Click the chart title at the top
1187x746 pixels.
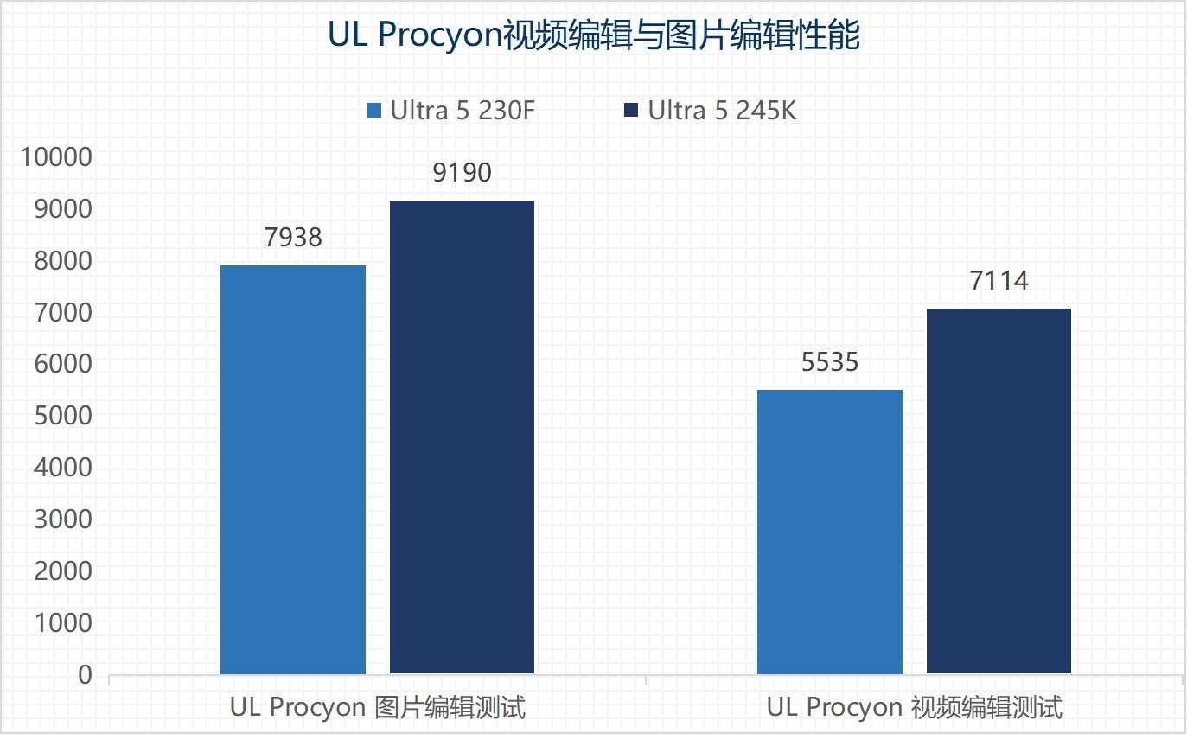593,36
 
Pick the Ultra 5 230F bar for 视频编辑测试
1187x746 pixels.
829,532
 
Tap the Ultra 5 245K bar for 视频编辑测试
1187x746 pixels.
999,491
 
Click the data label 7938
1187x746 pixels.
293,237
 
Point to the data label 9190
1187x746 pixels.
462,173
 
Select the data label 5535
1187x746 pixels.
829,361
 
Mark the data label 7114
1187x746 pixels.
999,281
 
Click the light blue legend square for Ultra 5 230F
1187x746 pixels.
374,111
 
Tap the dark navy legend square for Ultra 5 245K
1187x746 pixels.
631,111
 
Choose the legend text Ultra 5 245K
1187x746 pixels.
722,111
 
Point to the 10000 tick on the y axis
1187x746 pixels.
56,157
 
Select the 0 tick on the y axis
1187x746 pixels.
85,674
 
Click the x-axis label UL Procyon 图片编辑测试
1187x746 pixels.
378,707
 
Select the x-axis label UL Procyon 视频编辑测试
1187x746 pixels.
914,707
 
